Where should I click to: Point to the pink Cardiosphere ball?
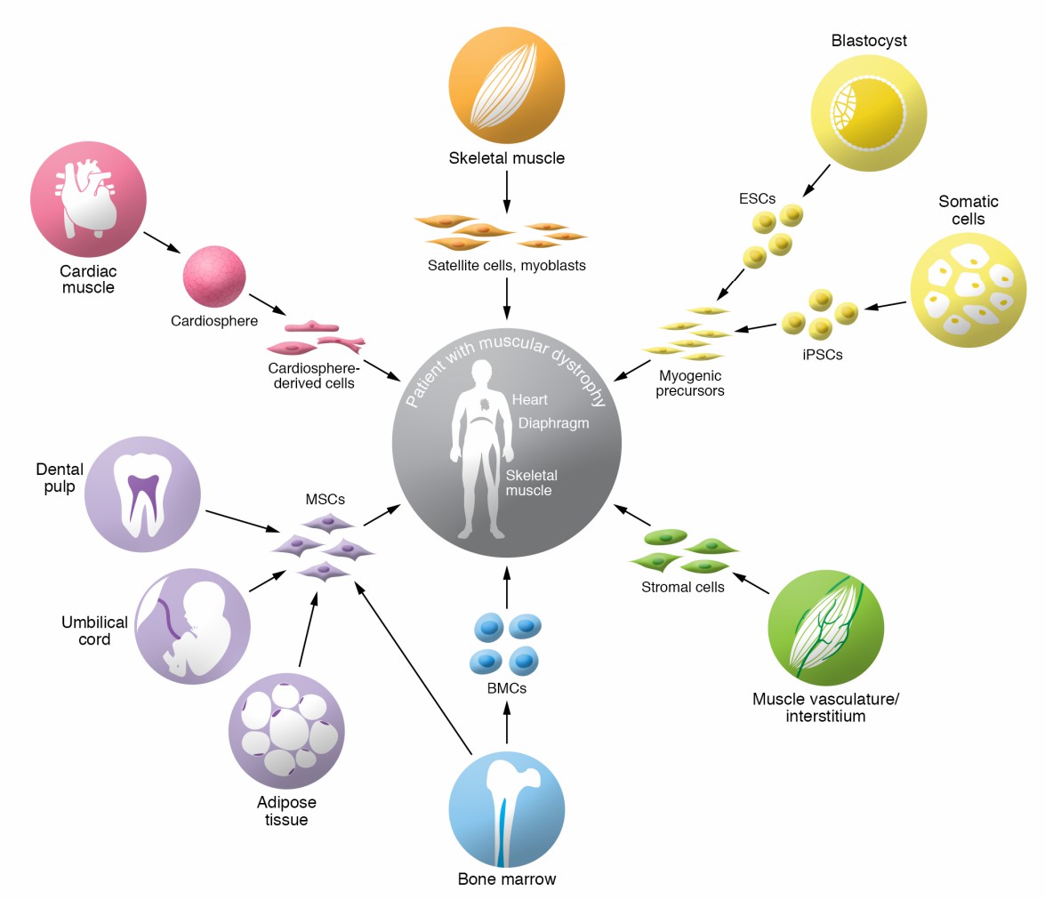click(x=214, y=277)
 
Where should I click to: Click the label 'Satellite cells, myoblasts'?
click(x=506, y=265)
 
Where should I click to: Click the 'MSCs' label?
click(x=325, y=500)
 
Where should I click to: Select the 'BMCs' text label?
click(x=506, y=686)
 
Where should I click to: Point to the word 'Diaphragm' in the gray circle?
click(x=553, y=423)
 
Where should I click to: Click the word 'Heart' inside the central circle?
click(x=529, y=400)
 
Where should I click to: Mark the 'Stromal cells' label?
click(x=682, y=587)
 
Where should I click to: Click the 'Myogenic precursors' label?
click(x=691, y=383)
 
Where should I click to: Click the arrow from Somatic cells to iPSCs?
click(x=885, y=306)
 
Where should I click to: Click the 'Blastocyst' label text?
click(x=869, y=41)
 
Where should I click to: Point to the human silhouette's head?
click(x=481, y=373)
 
